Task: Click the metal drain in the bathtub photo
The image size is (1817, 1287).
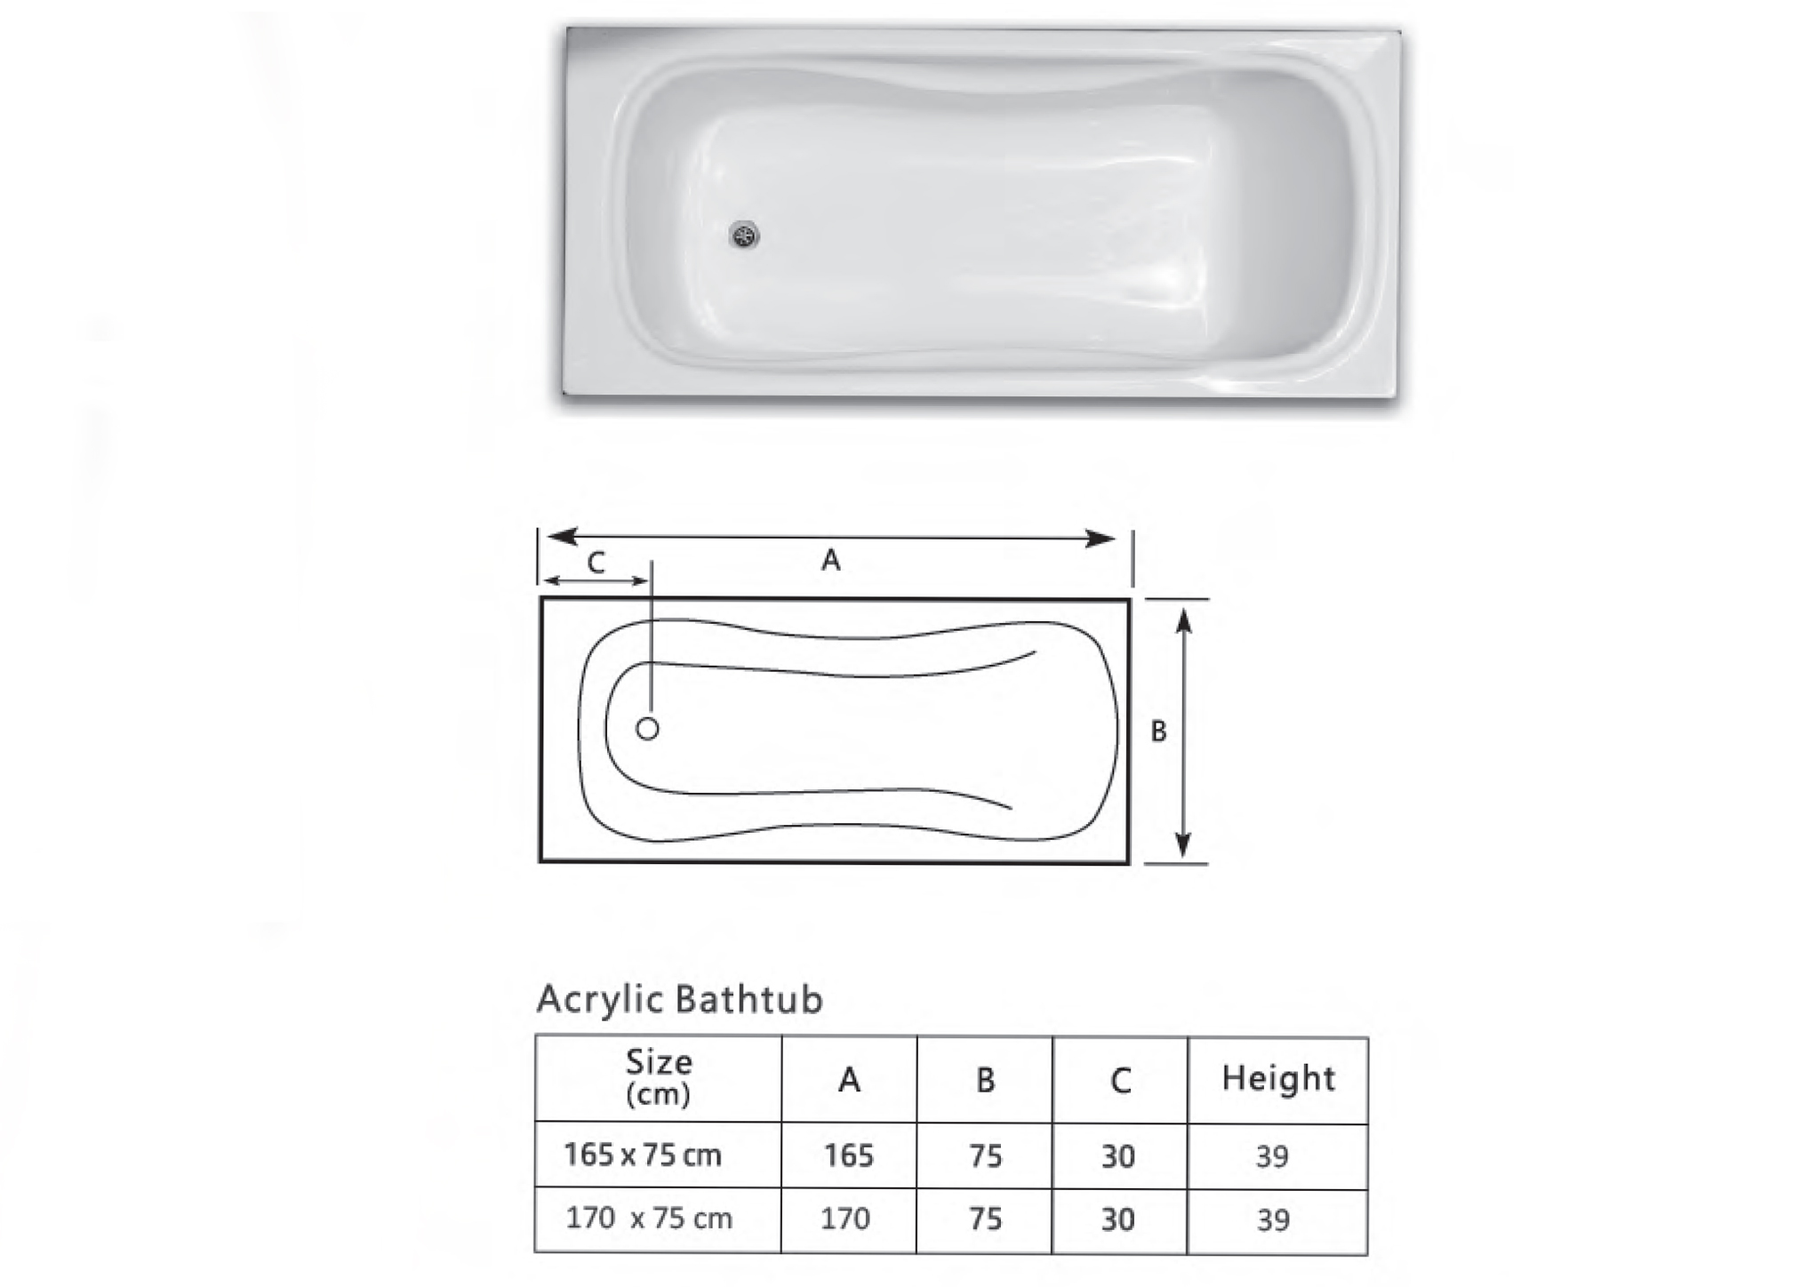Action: (x=744, y=236)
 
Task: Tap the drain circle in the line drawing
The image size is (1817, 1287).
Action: (x=648, y=729)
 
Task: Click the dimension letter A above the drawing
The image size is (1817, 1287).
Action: (x=830, y=560)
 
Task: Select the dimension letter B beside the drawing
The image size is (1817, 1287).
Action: (x=1158, y=731)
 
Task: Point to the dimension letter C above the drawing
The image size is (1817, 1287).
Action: (x=596, y=563)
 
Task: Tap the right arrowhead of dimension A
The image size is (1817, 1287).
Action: (x=1101, y=538)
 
